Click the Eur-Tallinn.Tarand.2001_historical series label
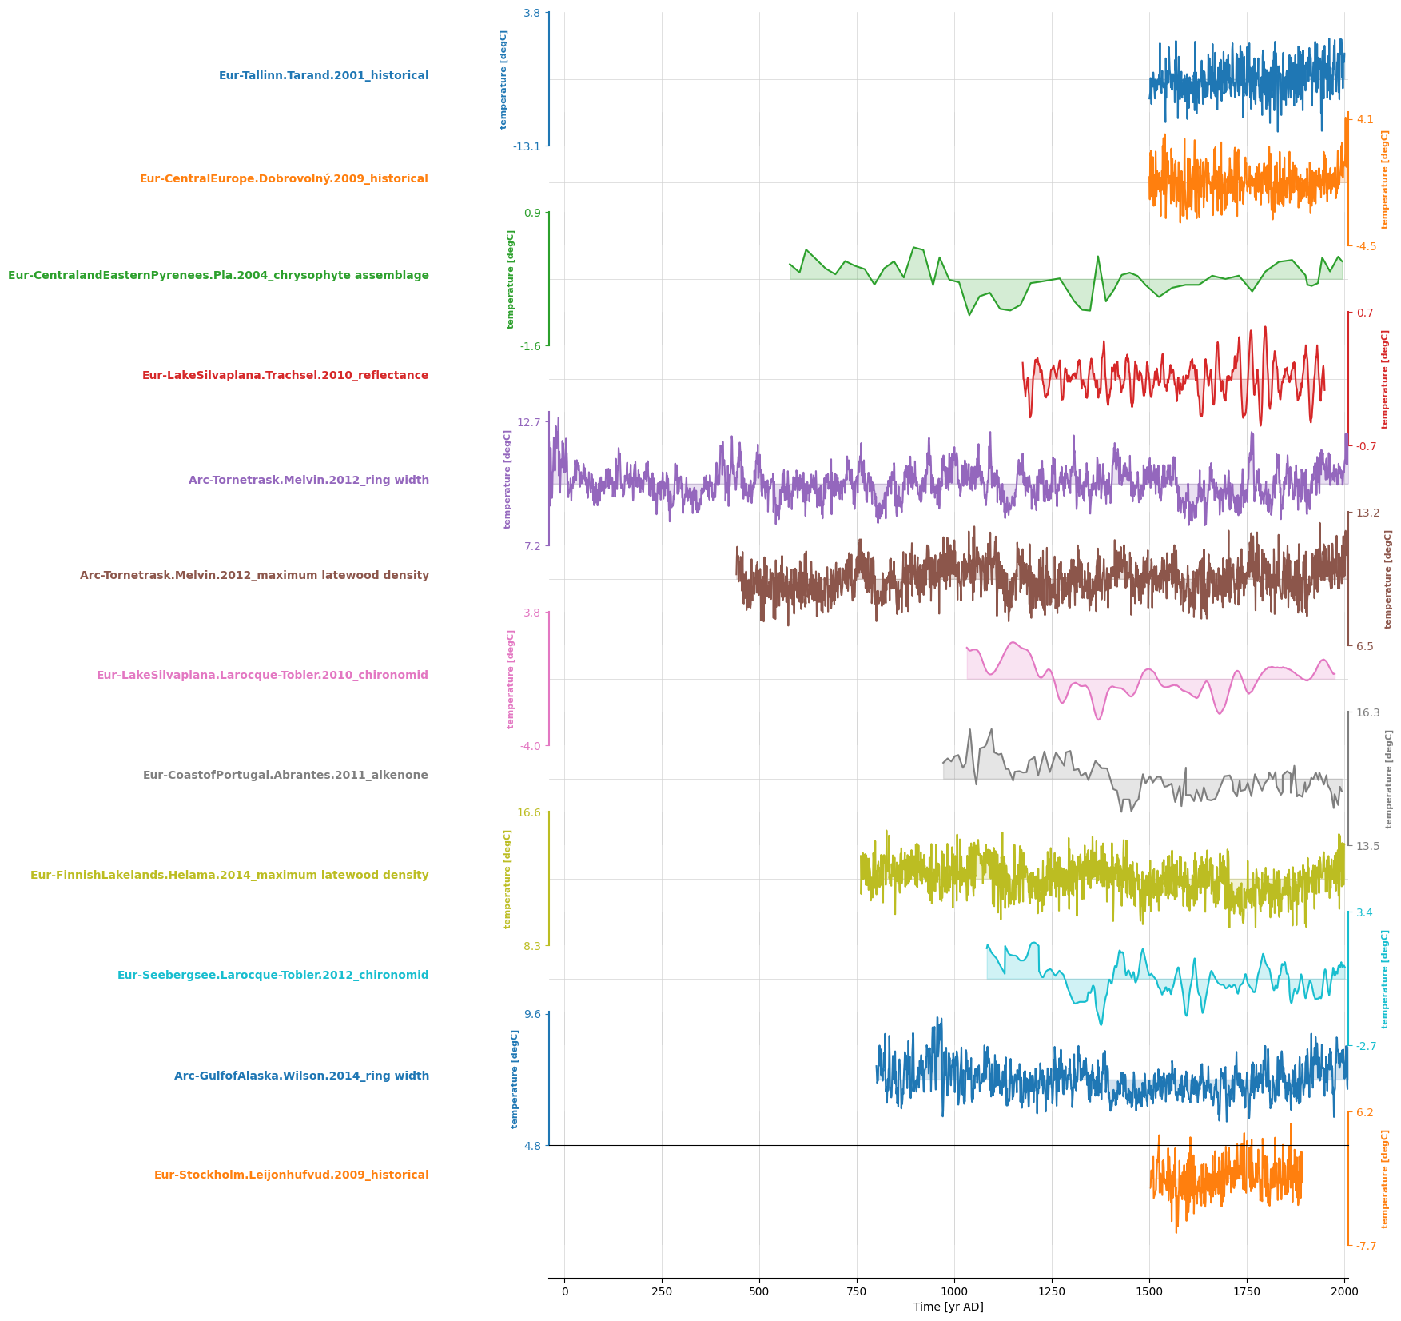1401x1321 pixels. tap(324, 76)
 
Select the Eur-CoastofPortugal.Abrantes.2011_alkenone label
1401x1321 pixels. tap(285, 776)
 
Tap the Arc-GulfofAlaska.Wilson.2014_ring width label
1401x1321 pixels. tap(301, 1076)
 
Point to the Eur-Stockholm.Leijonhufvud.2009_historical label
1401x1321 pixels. tap(291, 1175)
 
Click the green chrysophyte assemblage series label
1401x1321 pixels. tap(218, 276)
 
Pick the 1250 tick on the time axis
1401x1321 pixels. tap(1052, 1291)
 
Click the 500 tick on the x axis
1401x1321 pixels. tap(759, 1291)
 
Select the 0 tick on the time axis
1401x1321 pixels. tap(564, 1291)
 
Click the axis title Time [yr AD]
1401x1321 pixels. tap(948, 1307)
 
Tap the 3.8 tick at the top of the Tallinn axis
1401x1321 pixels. tap(531, 13)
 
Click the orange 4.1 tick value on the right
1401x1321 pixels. tap(1365, 120)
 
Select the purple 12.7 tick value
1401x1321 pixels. tap(529, 422)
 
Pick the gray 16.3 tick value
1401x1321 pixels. tap(1367, 713)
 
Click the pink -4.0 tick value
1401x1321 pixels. tap(531, 746)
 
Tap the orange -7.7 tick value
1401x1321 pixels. tap(1366, 1246)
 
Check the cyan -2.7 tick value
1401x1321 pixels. tap(1366, 1046)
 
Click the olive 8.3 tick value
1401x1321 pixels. tap(529, 946)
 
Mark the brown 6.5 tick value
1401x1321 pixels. tap(1365, 646)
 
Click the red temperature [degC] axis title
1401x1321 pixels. tap(1385, 380)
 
